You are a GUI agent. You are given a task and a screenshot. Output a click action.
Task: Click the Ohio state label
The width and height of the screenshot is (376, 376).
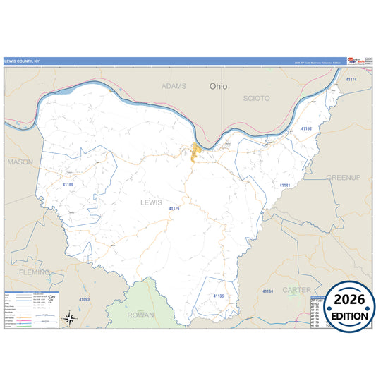(219, 86)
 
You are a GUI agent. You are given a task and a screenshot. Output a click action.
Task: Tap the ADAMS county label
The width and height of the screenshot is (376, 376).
(174, 86)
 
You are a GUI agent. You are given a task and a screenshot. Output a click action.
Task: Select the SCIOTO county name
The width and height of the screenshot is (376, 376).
(256, 99)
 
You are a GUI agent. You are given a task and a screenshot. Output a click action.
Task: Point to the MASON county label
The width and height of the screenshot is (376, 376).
(20, 162)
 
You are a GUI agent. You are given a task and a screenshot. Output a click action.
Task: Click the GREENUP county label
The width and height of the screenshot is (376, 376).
(343, 177)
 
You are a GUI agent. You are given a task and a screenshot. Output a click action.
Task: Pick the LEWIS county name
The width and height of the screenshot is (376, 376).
(151, 202)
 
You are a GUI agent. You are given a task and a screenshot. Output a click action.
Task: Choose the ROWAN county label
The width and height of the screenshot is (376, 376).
(142, 315)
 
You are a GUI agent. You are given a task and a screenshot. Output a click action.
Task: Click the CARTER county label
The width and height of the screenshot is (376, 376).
(296, 289)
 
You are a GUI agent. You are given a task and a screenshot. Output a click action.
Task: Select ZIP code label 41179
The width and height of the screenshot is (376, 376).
(174, 209)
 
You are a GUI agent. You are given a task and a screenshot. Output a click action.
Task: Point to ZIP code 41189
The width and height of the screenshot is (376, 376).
(68, 184)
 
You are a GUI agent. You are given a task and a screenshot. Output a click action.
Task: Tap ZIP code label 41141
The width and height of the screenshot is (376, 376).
(285, 186)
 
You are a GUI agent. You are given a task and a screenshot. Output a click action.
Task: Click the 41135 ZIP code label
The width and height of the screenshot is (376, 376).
(218, 296)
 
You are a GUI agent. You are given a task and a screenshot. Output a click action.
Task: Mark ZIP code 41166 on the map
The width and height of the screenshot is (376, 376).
(305, 129)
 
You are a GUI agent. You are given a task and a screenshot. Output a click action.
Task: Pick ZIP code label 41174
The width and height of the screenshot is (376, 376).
(351, 80)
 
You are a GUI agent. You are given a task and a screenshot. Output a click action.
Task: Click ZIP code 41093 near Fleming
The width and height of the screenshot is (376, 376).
(84, 300)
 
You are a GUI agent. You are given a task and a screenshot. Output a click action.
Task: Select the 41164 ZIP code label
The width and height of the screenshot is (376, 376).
(267, 291)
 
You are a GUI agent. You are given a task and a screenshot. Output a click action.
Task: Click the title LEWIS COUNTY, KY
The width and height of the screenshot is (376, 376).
(23, 61)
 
